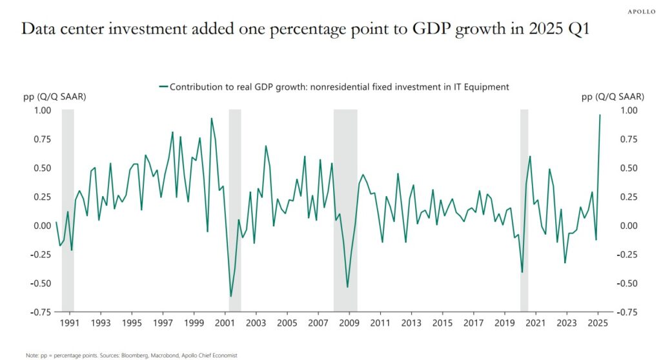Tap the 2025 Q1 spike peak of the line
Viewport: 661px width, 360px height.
pyautogui.click(x=600, y=115)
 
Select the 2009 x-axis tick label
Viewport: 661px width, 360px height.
pyautogui.click(x=349, y=323)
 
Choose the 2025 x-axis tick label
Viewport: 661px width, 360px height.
pyautogui.click(x=598, y=323)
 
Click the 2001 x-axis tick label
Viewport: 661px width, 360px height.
pyautogui.click(x=224, y=323)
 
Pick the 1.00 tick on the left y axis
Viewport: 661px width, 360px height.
pyautogui.click(x=41, y=110)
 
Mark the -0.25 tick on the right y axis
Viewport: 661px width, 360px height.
pyautogui.click(x=629, y=254)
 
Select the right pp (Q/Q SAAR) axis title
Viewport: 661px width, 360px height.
pyautogui.click(x=613, y=97)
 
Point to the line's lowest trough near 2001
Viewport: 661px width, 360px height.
pyautogui.click(x=231, y=296)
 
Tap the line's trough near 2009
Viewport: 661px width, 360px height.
pyautogui.click(x=347, y=287)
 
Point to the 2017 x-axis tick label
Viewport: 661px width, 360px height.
pyautogui.click(x=473, y=323)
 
